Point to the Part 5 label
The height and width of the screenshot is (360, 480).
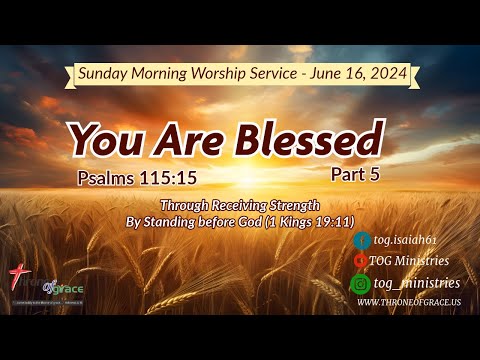click(357, 172)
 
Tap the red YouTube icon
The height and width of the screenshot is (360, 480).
click(361, 262)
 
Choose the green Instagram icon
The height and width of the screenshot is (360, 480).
click(361, 283)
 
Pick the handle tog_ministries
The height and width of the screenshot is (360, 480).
click(416, 283)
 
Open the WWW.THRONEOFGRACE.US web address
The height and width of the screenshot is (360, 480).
click(408, 302)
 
